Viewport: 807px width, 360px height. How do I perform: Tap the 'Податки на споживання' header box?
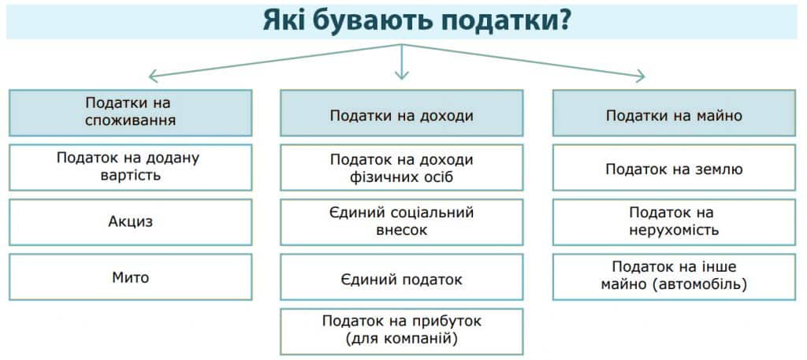[130, 113]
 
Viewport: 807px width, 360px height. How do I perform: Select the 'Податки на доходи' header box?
[401, 113]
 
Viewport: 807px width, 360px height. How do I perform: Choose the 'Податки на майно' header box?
[675, 113]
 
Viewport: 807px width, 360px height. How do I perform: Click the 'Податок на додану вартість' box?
[130, 167]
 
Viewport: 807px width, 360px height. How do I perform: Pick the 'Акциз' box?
[130, 222]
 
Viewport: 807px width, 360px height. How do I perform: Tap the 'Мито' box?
[130, 276]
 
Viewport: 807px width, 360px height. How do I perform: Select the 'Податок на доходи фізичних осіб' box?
[401, 167]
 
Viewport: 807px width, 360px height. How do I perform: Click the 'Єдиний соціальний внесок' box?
[401, 222]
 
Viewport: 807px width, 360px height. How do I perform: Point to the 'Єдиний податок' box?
[401, 276]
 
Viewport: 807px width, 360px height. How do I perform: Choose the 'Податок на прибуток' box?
[401, 332]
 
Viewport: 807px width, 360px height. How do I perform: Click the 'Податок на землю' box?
[675, 167]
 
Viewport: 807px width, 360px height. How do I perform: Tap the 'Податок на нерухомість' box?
[675, 222]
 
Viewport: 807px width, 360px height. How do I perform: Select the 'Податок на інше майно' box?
[675, 276]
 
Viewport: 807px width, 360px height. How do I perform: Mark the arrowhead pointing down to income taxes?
[401, 75]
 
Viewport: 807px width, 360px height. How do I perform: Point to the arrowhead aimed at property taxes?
[641, 76]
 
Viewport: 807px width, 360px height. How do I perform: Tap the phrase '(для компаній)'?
[401, 340]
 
